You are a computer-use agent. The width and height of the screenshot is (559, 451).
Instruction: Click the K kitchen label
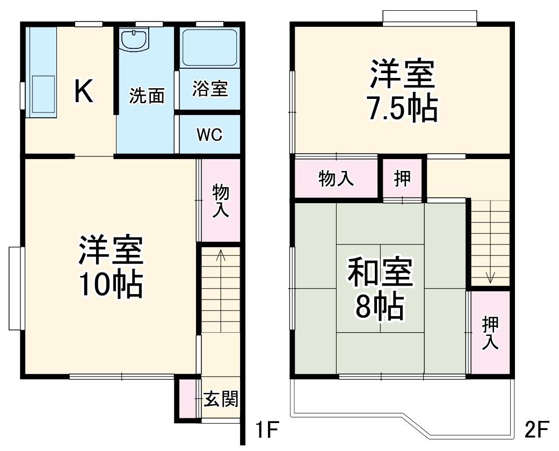pos(84,91)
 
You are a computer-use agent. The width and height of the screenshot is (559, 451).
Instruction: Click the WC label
pos(209,134)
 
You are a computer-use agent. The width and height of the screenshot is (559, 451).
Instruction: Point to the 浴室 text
pos(210,89)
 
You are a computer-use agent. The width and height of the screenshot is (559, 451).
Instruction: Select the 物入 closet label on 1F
pos(221,201)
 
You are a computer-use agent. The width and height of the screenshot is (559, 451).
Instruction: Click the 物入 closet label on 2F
pos(336,178)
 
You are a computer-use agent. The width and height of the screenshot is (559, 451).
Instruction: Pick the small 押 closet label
pos(403,178)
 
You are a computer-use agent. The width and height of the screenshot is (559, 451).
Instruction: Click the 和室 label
pos(380,273)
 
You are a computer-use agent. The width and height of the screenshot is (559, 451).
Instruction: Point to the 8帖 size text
pos(379,306)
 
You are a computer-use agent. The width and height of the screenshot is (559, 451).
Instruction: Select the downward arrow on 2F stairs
pos(490,277)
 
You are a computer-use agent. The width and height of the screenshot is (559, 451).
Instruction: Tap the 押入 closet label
pos(490,333)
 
